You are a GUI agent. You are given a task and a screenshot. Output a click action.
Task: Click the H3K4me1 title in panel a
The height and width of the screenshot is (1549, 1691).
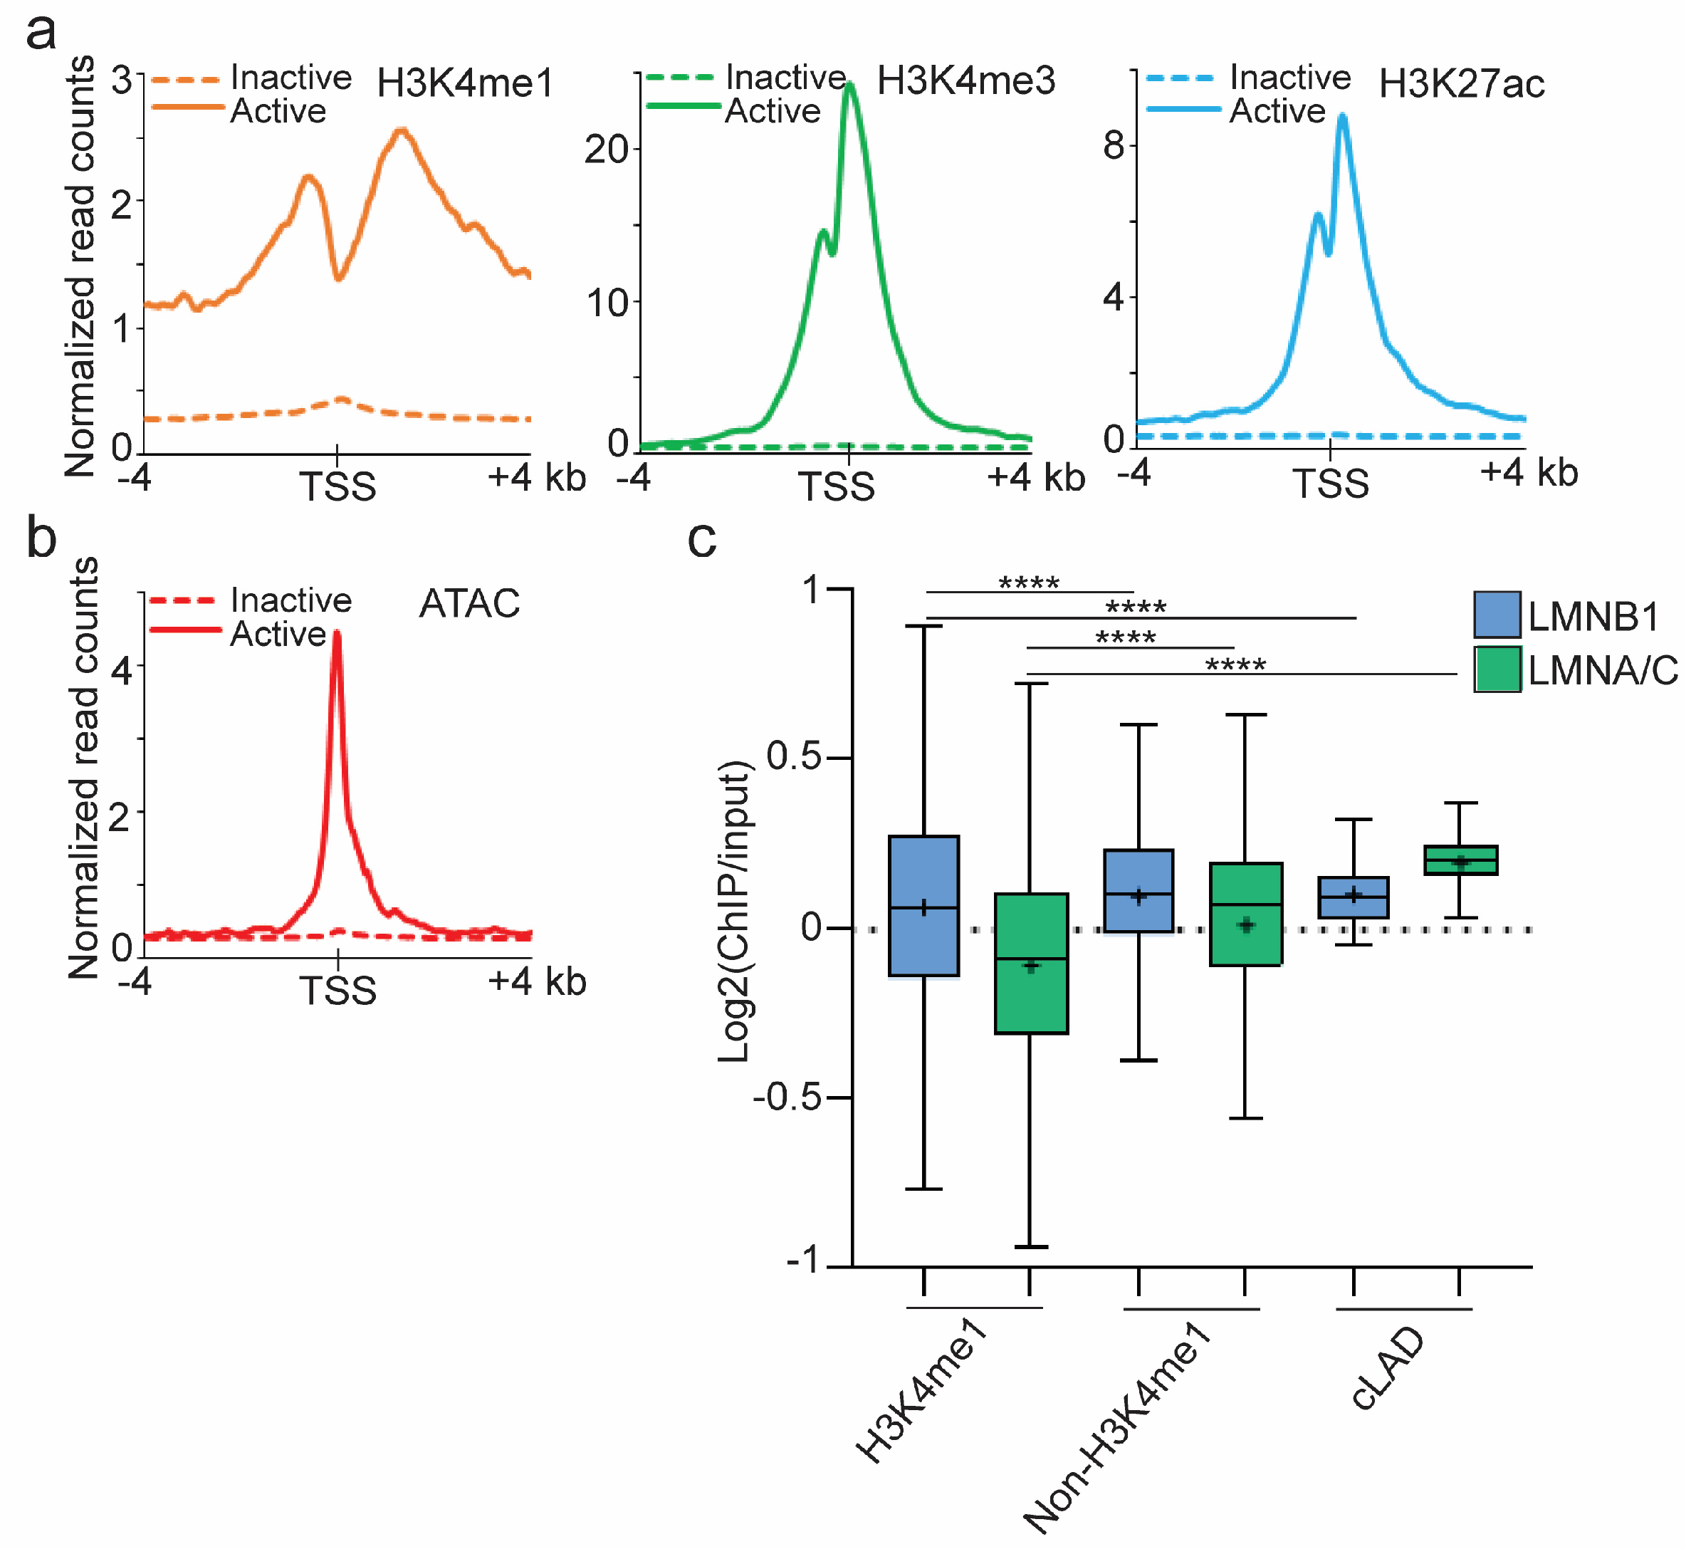click(x=466, y=83)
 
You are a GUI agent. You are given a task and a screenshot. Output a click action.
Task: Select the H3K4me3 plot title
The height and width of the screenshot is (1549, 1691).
click(x=966, y=80)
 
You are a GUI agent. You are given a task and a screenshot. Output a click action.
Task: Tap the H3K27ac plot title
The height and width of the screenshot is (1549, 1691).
click(x=1462, y=84)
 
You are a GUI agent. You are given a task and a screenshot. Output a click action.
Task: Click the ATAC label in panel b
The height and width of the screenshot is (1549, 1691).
click(x=470, y=603)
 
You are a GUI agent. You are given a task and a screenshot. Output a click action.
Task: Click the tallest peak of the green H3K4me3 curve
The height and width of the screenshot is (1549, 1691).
click(x=851, y=84)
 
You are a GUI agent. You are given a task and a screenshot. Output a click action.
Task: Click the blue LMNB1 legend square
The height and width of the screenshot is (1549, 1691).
click(x=1497, y=615)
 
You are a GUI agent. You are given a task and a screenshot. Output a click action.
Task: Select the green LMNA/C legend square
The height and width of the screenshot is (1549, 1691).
click(x=1497, y=669)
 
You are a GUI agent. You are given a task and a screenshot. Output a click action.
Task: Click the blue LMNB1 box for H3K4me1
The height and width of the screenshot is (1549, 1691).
click(x=923, y=906)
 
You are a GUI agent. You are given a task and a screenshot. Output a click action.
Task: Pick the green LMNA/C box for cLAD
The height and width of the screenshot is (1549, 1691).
click(x=1461, y=860)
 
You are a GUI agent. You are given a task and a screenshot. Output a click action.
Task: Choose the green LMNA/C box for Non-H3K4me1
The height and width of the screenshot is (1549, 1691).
click(x=1245, y=914)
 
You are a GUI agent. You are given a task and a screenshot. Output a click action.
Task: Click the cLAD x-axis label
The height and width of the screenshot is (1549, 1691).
click(x=1388, y=1368)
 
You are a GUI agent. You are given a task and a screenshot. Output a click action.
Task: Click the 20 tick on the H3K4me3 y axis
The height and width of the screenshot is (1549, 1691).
click(x=607, y=150)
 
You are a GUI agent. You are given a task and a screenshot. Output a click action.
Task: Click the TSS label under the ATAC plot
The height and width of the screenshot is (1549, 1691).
click(x=338, y=991)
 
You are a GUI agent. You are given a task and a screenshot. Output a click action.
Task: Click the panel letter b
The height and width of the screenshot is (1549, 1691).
click(x=41, y=537)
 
